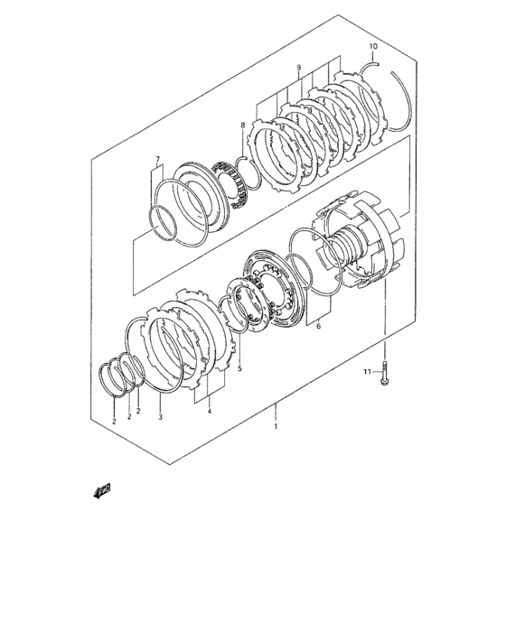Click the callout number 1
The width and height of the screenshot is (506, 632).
click(x=276, y=426)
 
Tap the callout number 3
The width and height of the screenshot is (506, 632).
click(x=160, y=417)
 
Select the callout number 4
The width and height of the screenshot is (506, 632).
click(x=210, y=411)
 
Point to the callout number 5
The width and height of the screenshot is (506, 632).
click(x=239, y=368)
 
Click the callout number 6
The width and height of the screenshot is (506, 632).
click(x=318, y=326)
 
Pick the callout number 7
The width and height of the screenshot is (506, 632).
click(x=158, y=158)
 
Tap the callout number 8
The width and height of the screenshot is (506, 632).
click(x=242, y=125)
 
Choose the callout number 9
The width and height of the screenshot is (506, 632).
click(x=298, y=68)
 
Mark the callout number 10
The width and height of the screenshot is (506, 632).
click(x=373, y=46)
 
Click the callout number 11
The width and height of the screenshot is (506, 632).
click(x=367, y=372)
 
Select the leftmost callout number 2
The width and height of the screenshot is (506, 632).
click(x=114, y=422)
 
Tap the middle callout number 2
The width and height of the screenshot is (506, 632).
click(x=129, y=416)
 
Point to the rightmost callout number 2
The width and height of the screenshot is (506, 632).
click(x=138, y=411)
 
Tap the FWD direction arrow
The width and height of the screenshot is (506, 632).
click(x=102, y=490)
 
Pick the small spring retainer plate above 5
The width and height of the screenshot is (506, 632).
click(x=247, y=305)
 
